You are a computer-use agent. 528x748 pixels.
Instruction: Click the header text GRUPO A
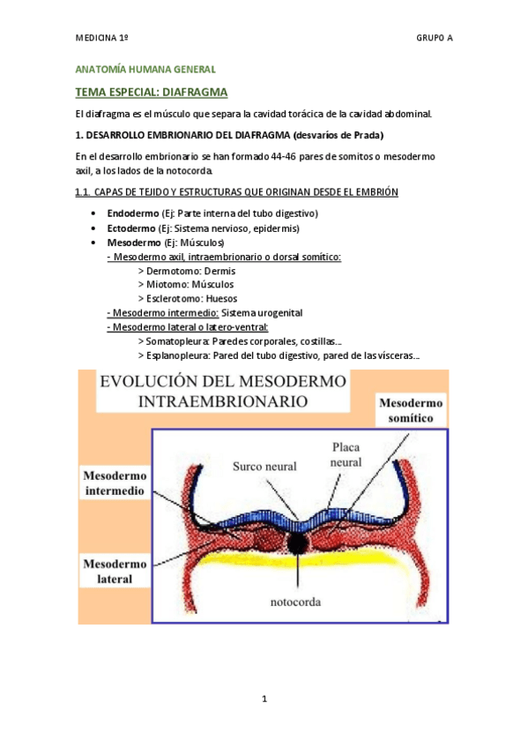click(x=434, y=39)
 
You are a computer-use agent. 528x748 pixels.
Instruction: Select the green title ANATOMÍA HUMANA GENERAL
click(x=145, y=69)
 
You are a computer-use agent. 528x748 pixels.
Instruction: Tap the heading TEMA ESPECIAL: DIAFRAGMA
click(x=152, y=92)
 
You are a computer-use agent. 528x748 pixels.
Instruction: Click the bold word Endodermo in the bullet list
click(x=132, y=213)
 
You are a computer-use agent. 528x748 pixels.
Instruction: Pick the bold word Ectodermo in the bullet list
click(x=130, y=228)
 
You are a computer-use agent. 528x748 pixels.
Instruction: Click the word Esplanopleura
click(x=179, y=355)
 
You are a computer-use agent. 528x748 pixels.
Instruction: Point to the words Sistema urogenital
click(x=263, y=312)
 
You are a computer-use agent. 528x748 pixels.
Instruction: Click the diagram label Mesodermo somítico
click(x=411, y=410)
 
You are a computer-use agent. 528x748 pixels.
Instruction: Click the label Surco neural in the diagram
click(x=264, y=466)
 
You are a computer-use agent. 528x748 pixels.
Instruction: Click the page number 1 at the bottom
click(x=264, y=699)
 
